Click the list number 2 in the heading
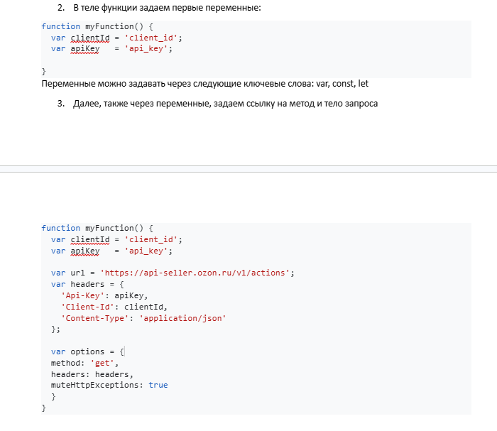(x=61, y=8)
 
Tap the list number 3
(x=61, y=104)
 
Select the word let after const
(x=364, y=84)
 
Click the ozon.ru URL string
(x=197, y=273)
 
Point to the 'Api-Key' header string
(x=83, y=295)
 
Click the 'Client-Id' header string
(x=87, y=307)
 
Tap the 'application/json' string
(x=182, y=318)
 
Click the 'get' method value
(x=102, y=363)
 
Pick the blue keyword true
(x=158, y=385)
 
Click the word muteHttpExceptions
(x=94, y=386)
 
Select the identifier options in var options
(x=87, y=352)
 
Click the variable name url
(x=77, y=273)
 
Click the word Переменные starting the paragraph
(x=68, y=84)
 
